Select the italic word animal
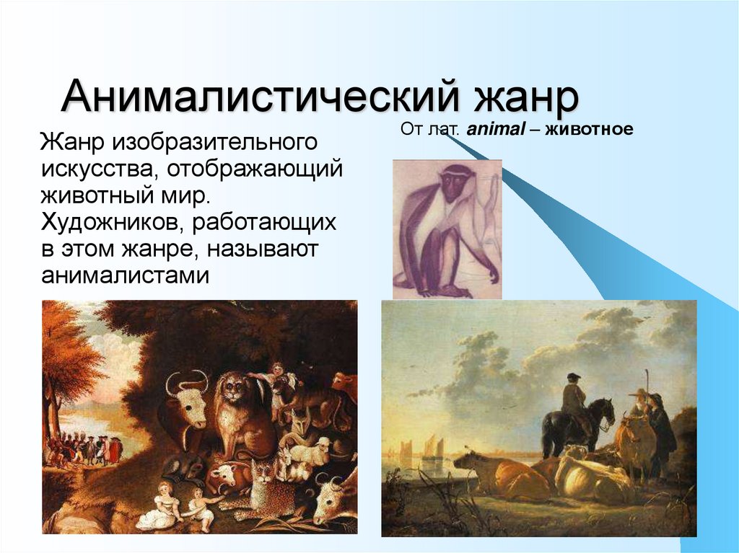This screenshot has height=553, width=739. click(x=495, y=128)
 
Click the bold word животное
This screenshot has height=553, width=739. click(x=589, y=128)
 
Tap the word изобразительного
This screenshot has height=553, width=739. click(x=214, y=142)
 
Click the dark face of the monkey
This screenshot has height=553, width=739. click(x=455, y=182)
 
